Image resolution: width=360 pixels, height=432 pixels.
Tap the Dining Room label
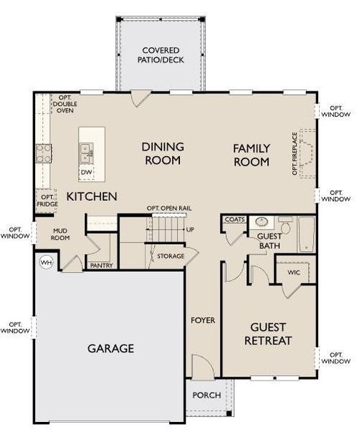click(x=162, y=153)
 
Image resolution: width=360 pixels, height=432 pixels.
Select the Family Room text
click(x=251, y=155)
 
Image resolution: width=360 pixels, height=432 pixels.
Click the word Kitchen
click(x=91, y=196)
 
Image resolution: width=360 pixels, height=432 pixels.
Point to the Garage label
click(x=111, y=348)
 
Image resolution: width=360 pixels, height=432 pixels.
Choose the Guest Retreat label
click(x=268, y=333)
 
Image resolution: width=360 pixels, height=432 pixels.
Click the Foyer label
click(x=202, y=320)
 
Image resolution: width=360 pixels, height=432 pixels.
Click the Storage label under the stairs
click(x=166, y=256)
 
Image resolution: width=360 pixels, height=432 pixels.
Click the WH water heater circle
click(x=47, y=262)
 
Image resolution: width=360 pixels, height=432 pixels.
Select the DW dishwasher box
click(x=86, y=172)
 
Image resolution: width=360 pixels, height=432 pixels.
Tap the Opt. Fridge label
click(x=47, y=200)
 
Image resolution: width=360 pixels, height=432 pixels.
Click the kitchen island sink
click(x=86, y=152)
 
